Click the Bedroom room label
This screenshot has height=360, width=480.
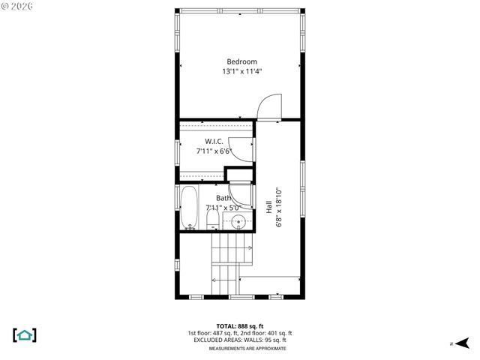click(x=241, y=61)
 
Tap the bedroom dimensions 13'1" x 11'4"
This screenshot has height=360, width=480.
click(x=241, y=72)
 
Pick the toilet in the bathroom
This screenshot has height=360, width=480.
click(x=212, y=220)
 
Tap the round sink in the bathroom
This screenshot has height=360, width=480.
click(x=238, y=221)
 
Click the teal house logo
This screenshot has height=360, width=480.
click(x=25, y=334)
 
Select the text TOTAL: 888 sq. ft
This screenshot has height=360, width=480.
click(x=239, y=326)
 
